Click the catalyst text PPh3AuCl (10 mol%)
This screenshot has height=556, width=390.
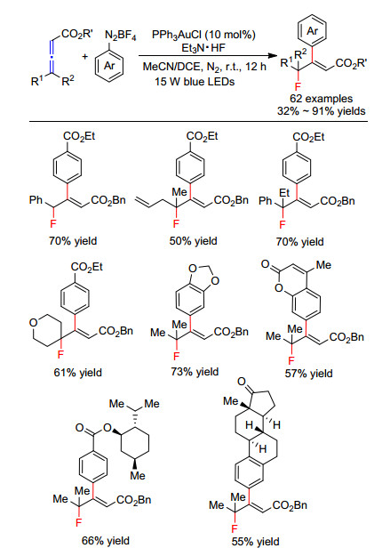(x=203, y=35)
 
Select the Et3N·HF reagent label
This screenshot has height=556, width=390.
(x=203, y=47)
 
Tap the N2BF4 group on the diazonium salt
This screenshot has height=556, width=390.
(x=121, y=36)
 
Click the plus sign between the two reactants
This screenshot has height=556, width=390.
(x=85, y=56)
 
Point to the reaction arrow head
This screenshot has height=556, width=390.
(x=272, y=56)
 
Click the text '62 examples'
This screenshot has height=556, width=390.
(x=322, y=98)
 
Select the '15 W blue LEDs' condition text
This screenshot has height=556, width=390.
(x=195, y=82)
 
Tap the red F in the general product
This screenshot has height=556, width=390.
(x=298, y=86)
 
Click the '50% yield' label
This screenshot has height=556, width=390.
(x=193, y=241)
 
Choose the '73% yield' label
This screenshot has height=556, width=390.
(x=195, y=372)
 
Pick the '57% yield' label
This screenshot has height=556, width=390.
(x=308, y=373)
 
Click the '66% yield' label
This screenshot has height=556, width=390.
(x=106, y=540)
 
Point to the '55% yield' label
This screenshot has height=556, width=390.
(x=255, y=542)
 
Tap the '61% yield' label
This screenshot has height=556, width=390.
(x=77, y=373)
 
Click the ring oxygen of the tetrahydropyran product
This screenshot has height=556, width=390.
(x=33, y=323)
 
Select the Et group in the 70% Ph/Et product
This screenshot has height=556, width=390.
(x=284, y=193)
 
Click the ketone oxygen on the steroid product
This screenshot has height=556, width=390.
(x=242, y=382)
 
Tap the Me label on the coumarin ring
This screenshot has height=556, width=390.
(x=323, y=265)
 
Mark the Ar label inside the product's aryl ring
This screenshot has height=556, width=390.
(x=312, y=31)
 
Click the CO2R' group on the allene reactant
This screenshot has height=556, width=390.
(x=77, y=34)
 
